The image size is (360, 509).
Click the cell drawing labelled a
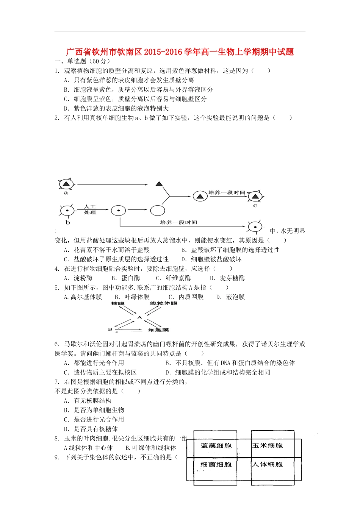[67, 184]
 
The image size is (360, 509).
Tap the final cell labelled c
[255, 197]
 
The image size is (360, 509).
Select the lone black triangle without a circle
[159, 184]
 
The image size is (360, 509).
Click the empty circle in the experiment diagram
[158, 211]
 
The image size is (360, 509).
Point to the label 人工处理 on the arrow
[90, 209]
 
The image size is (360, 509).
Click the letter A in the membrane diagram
[139, 317]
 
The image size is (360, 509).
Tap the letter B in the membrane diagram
[110, 329]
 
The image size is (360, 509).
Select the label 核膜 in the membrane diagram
[118, 303]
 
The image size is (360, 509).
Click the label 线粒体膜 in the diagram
[164, 303]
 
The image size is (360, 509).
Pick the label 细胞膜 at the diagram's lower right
[158, 330]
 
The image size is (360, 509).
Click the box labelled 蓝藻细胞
[216, 446]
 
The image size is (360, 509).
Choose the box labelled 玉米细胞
[268, 445]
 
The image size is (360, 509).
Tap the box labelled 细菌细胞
[216, 464]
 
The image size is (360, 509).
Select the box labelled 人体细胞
[268, 464]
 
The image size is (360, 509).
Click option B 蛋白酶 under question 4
[126, 278]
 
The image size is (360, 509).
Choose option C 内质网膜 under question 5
[186, 297]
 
